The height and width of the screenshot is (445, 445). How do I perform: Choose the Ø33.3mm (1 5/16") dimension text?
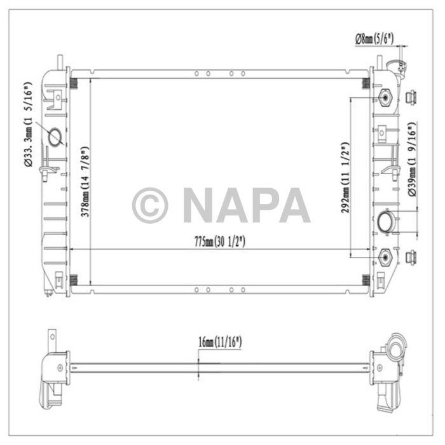tap(28, 125)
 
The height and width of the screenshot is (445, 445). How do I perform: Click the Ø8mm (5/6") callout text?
tap(374, 39)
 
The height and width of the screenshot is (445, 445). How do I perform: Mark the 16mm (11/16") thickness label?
tap(220, 343)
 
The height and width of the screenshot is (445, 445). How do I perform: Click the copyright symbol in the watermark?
tap(150, 205)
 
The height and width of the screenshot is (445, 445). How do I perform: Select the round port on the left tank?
tap(55, 137)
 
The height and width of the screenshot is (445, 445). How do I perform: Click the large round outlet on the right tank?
tap(386, 222)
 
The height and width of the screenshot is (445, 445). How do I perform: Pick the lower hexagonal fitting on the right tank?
tap(385, 257)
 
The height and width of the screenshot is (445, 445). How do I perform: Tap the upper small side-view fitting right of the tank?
tap(411, 97)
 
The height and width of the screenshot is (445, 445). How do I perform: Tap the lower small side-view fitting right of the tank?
tap(411, 257)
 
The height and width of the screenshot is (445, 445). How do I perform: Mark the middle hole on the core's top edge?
tap(209, 74)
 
